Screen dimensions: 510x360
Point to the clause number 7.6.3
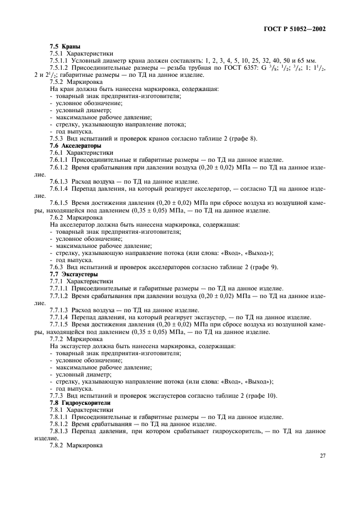point(58,267)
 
